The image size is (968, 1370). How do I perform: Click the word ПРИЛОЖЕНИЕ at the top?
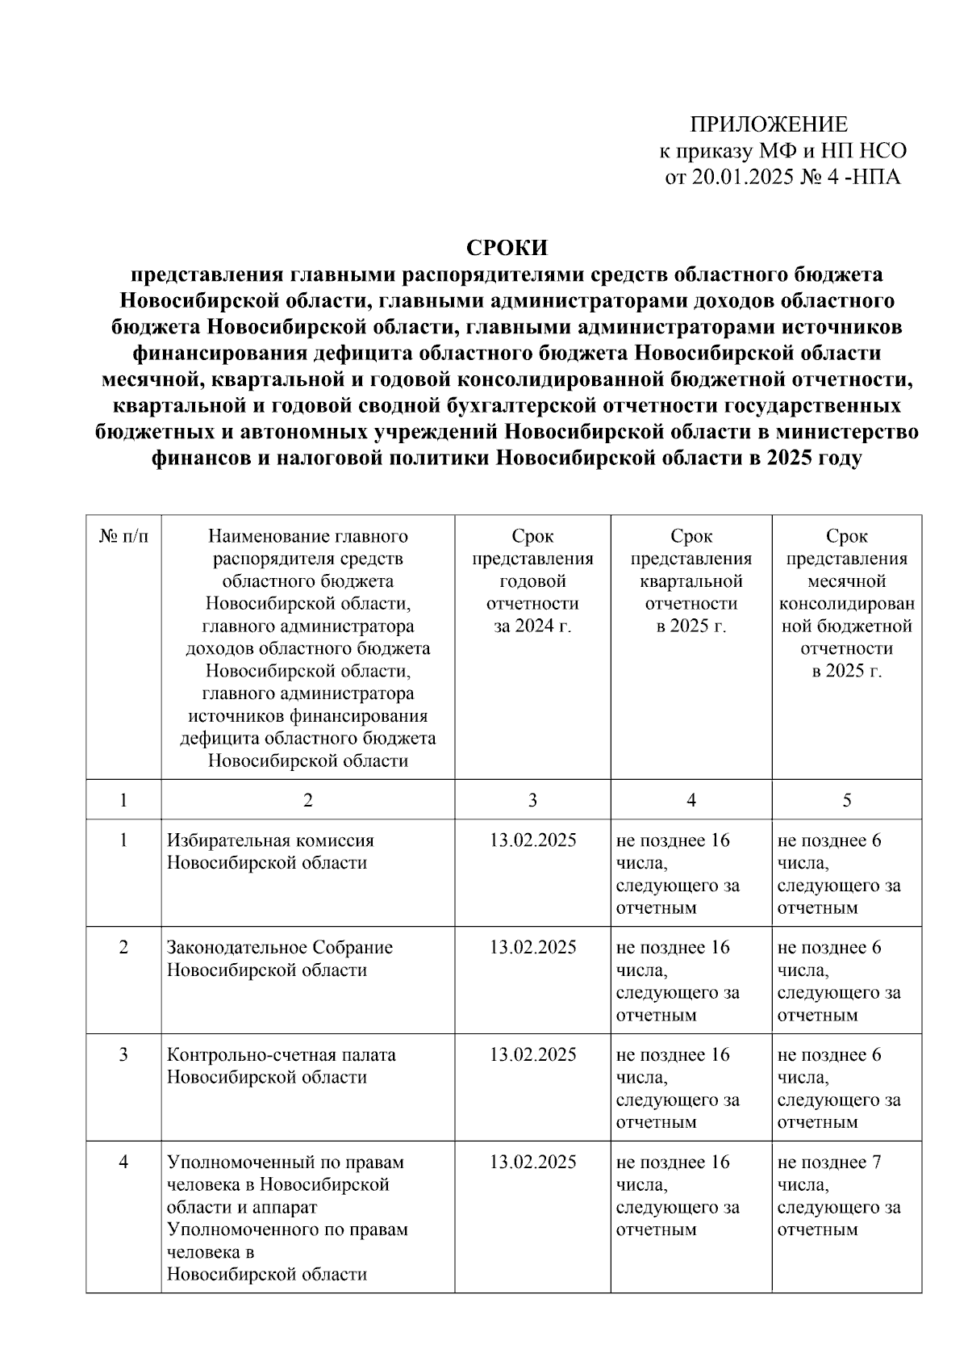click(768, 124)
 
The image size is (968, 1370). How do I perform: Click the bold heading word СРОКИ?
click(507, 247)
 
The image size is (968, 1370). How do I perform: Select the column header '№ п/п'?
click(123, 536)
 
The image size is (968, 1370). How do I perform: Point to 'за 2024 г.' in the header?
click(532, 626)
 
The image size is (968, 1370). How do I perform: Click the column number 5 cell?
click(846, 799)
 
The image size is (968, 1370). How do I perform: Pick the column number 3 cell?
click(532, 799)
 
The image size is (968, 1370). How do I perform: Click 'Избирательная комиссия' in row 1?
click(270, 840)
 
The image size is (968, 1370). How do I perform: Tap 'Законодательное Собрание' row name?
click(279, 948)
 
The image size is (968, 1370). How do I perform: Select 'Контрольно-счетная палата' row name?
click(281, 1055)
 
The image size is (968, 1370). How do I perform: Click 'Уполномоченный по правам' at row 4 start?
click(285, 1163)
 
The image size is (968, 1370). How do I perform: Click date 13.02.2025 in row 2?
click(532, 948)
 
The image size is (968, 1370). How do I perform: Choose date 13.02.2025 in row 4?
click(532, 1163)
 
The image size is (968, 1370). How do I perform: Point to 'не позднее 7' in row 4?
click(828, 1163)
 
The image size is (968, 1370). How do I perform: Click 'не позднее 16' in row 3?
click(672, 1055)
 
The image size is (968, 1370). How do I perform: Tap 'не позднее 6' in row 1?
click(828, 840)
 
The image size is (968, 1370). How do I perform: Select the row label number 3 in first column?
click(123, 1055)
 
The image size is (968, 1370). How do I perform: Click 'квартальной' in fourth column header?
click(691, 581)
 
